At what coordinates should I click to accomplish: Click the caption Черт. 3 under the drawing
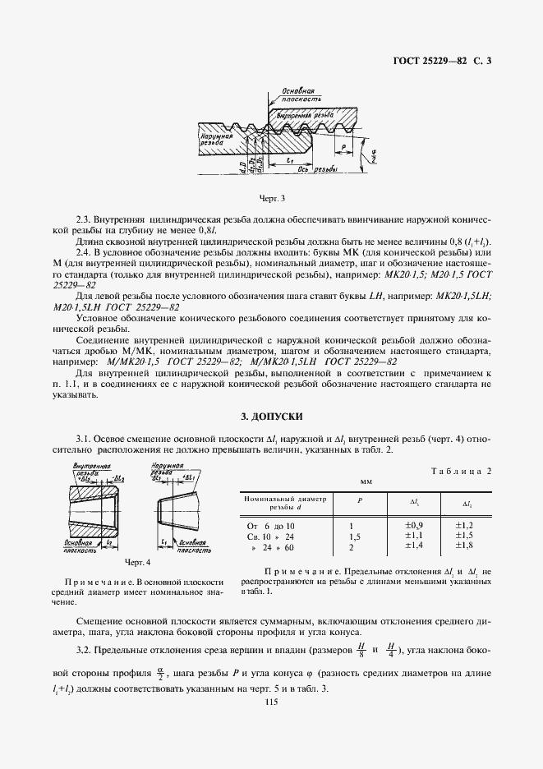point(271,198)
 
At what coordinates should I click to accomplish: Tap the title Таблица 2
point(461,472)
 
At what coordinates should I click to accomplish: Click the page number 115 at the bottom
point(272,701)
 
